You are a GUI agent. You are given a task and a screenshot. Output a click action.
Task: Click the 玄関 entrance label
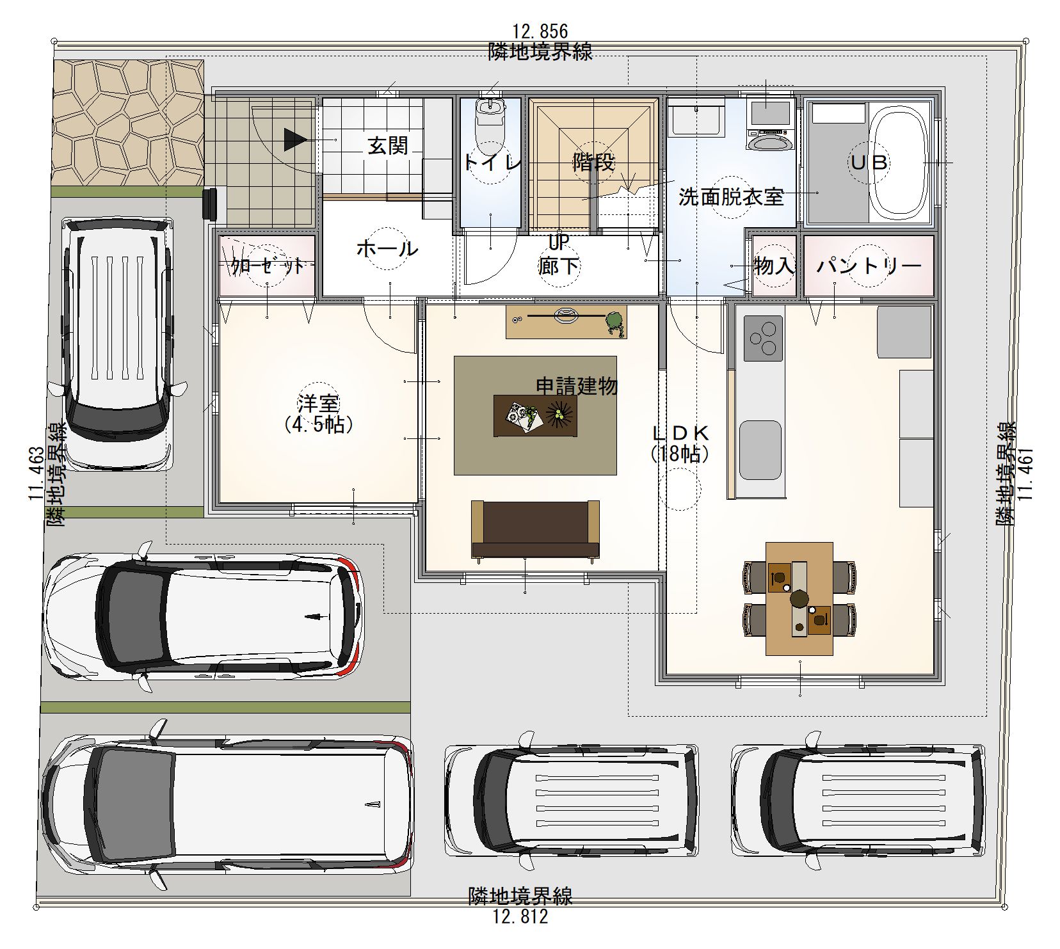pos(388,145)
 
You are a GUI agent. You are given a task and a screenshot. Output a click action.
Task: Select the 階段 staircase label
pos(593,163)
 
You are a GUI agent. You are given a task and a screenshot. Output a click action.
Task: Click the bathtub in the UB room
pos(901,161)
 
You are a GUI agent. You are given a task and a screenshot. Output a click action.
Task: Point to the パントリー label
pos(868,266)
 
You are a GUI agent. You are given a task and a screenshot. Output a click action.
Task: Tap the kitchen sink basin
pos(760,449)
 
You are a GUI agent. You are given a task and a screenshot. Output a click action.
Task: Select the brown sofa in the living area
pos(535,529)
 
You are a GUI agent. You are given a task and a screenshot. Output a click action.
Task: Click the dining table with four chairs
pos(799,598)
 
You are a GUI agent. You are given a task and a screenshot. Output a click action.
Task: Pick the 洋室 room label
pos(317,404)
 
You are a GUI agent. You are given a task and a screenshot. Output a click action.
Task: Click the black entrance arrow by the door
pos(294,140)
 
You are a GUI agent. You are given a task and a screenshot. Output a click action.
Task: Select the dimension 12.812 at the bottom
pos(520,917)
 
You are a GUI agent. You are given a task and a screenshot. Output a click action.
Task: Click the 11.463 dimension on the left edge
pos(36,474)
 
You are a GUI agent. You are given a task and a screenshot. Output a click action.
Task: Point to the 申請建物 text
pos(577,386)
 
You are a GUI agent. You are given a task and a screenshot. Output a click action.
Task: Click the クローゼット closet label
pos(268,266)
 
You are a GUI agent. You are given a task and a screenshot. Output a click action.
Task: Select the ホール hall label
pos(387,248)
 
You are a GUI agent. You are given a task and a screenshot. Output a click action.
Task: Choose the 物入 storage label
pos(775,266)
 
